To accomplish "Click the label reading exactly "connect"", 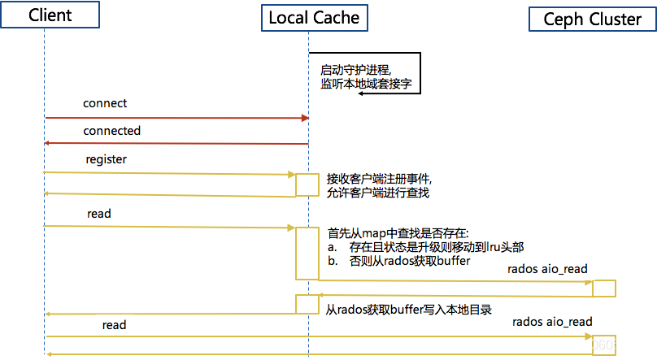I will click(x=105, y=103).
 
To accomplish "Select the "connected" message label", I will click(x=111, y=131).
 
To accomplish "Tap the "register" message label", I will click(x=107, y=159).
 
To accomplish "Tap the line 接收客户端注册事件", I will click(x=378, y=178).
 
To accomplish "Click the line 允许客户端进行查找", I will click(x=378, y=193).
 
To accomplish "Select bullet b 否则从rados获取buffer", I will click(x=398, y=261).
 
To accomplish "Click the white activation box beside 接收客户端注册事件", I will click(x=307, y=184).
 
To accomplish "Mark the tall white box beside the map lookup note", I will click(x=307, y=254).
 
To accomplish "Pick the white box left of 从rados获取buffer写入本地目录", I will click(x=307, y=305).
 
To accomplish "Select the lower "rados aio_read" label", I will click(x=553, y=322).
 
